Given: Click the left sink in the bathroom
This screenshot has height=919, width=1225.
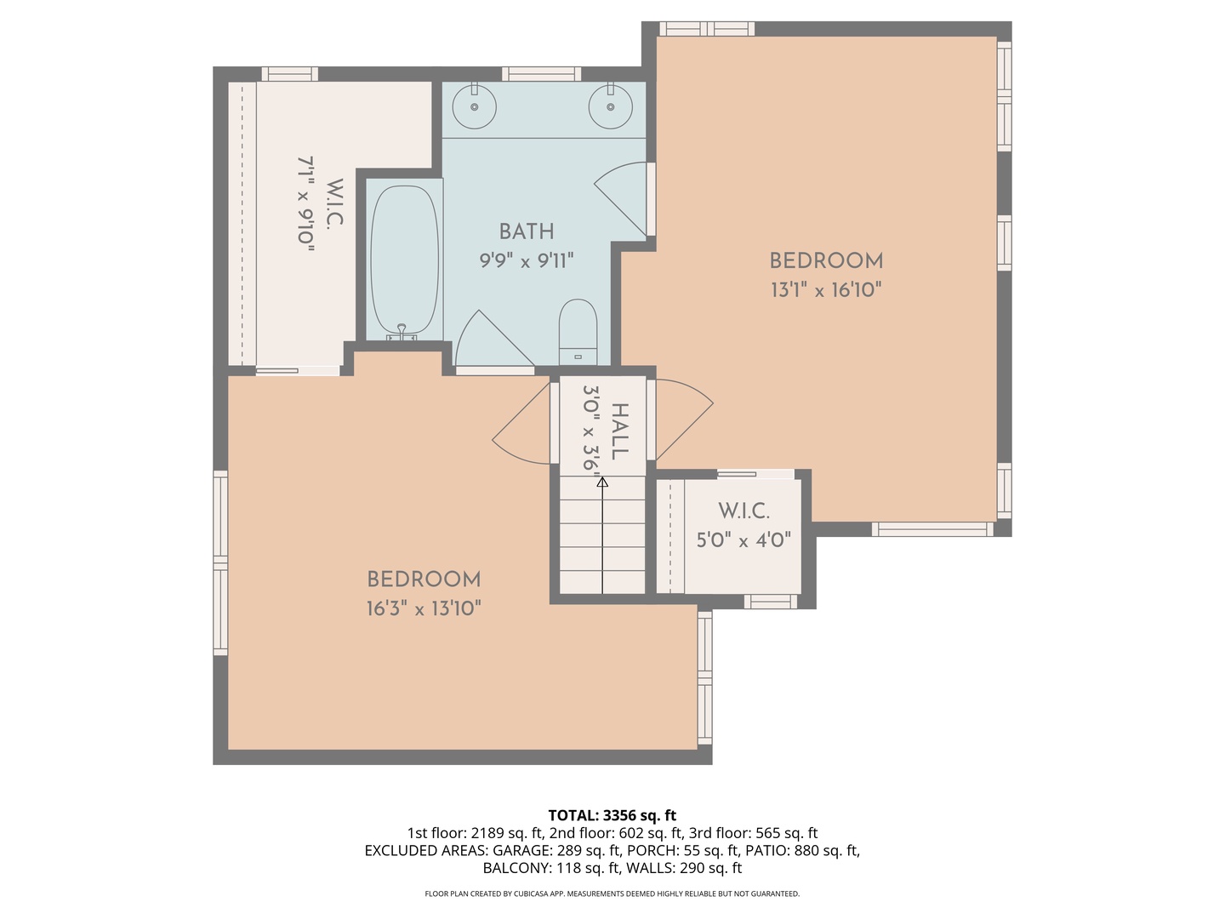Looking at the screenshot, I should (474, 106).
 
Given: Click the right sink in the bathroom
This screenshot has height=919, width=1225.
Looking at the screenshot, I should (611, 106).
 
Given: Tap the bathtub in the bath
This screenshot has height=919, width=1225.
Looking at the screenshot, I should (405, 260).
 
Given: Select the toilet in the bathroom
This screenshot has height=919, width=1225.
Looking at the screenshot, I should (578, 330).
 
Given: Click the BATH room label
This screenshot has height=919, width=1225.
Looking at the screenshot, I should (527, 231).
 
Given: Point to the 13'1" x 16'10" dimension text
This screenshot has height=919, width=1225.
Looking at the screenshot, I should (825, 290).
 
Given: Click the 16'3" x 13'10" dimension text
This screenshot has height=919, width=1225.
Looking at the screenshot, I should (424, 608).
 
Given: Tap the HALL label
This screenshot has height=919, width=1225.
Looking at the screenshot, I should (620, 431).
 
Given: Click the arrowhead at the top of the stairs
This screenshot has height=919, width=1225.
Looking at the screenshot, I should (602, 482).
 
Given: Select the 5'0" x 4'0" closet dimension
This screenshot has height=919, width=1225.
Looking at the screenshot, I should (744, 540).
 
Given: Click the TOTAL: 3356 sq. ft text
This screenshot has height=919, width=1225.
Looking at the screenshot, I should (612, 815).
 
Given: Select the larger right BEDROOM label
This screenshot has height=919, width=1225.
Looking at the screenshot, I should (826, 261).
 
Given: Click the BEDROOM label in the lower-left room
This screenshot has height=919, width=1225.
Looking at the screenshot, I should (424, 579).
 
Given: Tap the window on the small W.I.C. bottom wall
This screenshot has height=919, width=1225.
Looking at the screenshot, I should (771, 602).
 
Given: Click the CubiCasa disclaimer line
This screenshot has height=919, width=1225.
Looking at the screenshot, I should (612, 893).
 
